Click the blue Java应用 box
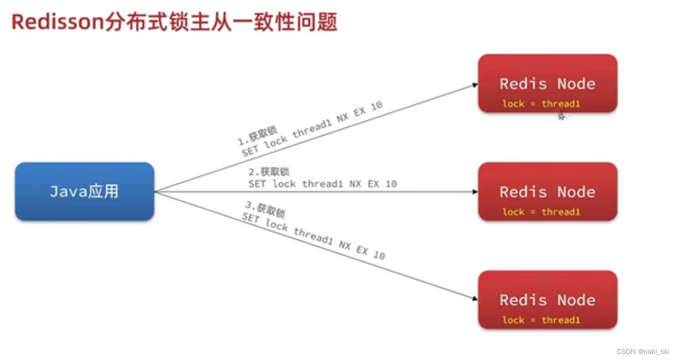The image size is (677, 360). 84,192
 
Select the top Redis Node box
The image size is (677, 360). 548,83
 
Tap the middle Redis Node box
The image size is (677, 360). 548,192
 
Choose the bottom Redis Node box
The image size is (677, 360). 548,300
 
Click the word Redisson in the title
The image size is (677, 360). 56,22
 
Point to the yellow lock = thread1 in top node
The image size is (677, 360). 541,104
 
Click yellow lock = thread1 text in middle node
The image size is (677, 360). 541,212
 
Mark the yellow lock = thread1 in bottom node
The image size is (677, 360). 541,320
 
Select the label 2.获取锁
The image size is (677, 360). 269,172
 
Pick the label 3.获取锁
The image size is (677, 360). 265,209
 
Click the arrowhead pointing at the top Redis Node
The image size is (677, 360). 475,84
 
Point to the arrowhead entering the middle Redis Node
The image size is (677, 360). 475,192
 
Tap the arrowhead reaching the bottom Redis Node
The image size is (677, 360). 475,298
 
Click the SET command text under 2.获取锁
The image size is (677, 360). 322,183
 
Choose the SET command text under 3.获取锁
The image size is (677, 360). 313,236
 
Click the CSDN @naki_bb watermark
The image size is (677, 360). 643,352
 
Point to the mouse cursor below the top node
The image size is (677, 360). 561,117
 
